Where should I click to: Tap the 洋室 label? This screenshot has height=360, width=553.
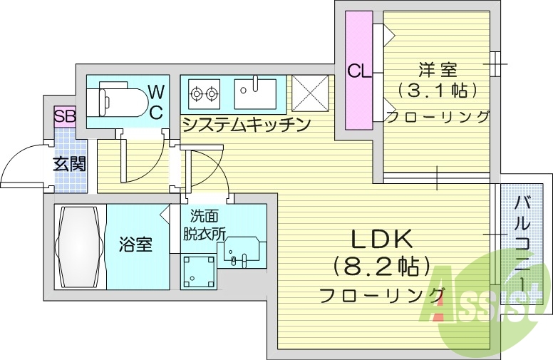(x=437, y=70)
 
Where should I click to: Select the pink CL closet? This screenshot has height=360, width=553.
(x=359, y=71)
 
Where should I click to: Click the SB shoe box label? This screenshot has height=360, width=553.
(x=65, y=116)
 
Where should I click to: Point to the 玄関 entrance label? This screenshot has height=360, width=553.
(x=69, y=163)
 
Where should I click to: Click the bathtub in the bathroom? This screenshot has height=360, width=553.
(x=79, y=246)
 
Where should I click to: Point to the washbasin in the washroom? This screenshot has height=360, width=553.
(x=242, y=251)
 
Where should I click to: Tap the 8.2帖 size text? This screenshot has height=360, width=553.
(x=382, y=267)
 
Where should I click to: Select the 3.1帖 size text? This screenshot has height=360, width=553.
(x=437, y=91)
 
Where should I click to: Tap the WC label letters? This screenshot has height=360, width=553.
(x=156, y=101)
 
